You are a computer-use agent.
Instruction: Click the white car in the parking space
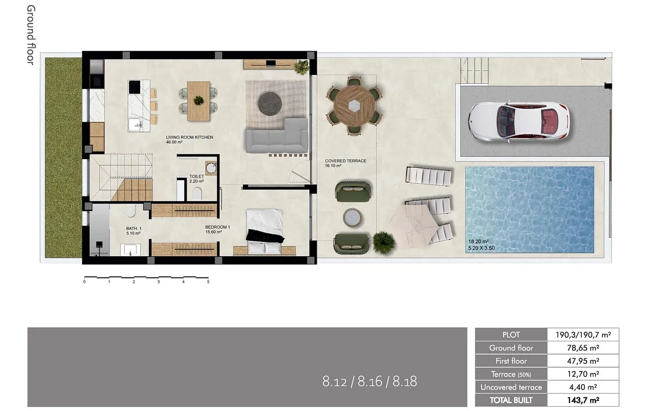519,121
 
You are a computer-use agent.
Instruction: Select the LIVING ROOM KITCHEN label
189,137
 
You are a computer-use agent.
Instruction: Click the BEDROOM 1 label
218,227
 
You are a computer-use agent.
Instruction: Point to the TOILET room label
197,177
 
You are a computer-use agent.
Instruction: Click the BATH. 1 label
133,228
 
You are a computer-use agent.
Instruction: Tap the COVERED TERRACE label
346,161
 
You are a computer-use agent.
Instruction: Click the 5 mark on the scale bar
208,282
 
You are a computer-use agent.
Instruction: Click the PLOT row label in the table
511,335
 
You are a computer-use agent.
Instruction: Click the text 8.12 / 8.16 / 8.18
369,381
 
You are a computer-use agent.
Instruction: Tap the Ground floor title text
30,35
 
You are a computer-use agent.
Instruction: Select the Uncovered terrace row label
511,387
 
